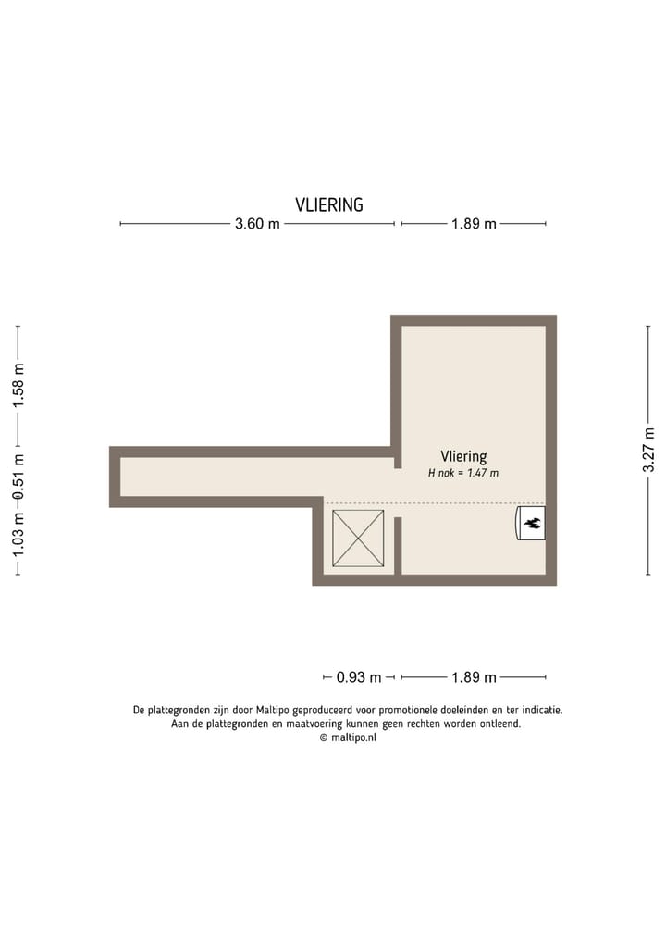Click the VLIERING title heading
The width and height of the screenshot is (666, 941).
click(329, 205)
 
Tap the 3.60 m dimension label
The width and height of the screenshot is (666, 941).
click(257, 224)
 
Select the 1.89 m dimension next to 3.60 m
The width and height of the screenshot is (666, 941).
click(474, 224)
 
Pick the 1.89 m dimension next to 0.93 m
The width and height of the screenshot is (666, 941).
click(474, 677)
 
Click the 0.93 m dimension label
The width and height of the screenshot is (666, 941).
click(359, 677)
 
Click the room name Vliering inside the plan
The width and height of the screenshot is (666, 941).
click(463, 456)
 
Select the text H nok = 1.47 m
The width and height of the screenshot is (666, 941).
click(463, 473)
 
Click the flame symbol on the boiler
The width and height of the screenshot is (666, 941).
click(532, 524)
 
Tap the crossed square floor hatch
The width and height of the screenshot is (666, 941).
click(358, 539)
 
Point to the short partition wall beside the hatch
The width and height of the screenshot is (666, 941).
click(398, 545)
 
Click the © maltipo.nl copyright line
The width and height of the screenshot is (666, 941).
click(348, 737)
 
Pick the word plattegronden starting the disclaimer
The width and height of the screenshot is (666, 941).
click(183, 711)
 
